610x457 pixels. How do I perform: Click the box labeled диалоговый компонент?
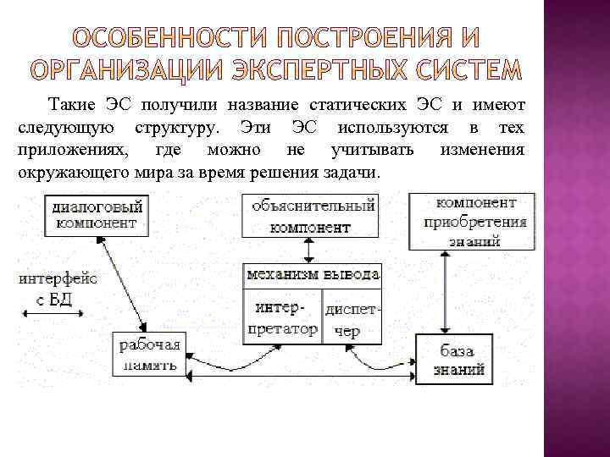coord(96,214)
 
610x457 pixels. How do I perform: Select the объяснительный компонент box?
coord(309,216)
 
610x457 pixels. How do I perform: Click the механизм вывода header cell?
coord(313,274)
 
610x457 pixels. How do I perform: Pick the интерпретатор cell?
coord(282,314)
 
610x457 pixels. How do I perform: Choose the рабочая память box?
coord(149,355)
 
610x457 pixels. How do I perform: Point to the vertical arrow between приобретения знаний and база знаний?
coord(446,292)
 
